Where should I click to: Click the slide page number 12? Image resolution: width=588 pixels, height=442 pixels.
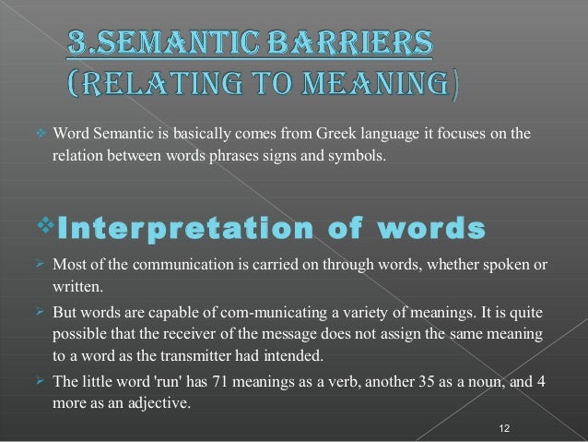pos(503,427)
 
